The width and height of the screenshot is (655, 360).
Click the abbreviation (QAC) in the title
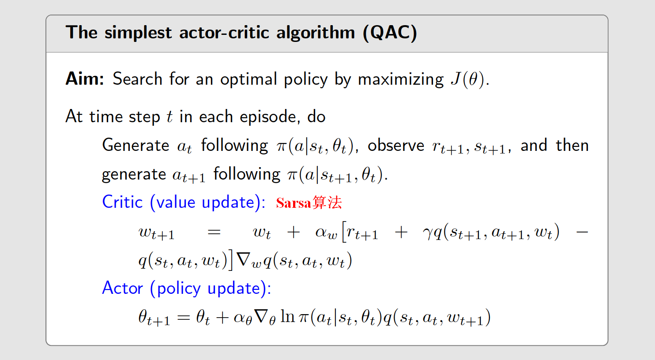[390, 33]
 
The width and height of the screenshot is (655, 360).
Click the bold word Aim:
[85, 79]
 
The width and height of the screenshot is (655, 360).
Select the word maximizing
[400, 79]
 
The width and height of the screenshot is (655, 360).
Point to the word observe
[395, 146]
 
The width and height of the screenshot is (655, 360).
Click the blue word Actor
[123, 288]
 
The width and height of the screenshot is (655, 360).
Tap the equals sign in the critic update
[214, 232]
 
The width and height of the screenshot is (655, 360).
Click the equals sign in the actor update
[183, 318]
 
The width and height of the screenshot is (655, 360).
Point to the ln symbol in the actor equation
[287, 317]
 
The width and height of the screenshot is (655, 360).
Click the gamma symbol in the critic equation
[427, 233]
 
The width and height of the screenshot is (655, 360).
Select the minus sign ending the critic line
[582, 232]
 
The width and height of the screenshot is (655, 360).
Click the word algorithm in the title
[315, 33]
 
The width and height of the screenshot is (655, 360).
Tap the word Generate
[136, 146]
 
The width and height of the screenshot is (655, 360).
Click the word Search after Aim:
[137, 79]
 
